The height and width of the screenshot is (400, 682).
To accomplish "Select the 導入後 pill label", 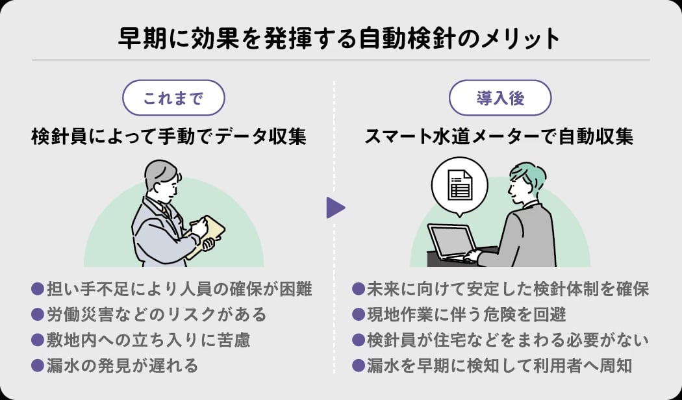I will coord(500,99).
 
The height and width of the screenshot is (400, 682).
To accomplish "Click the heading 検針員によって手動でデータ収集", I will coord(168,138).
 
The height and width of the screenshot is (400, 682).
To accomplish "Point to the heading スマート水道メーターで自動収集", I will coord(498,138).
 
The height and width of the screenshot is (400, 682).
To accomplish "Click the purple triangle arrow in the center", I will coord(335,208).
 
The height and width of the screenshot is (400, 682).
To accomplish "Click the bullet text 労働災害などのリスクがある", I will coord(157,315).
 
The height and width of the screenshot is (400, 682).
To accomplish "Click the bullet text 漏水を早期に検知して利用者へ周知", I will coord(500,366).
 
